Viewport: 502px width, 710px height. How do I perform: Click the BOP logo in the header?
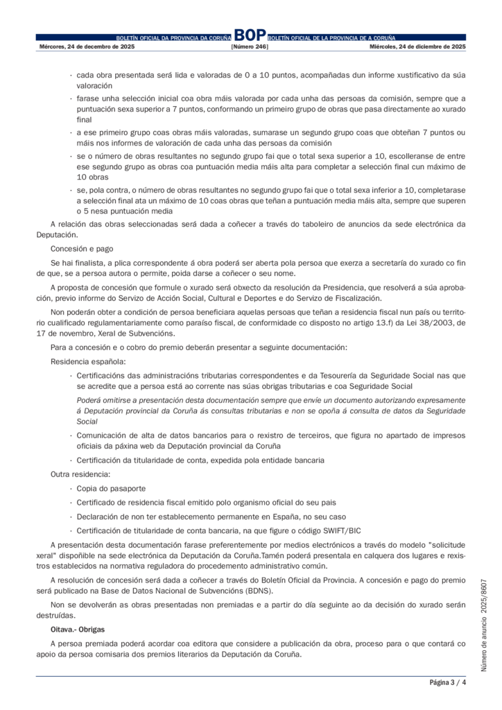[x=250, y=35]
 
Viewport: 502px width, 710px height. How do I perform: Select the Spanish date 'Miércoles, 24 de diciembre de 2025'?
[x=417, y=46]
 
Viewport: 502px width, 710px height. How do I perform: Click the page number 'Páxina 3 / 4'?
[x=447, y=683]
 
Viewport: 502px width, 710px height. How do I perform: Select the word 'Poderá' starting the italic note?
[x=89, y=401]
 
